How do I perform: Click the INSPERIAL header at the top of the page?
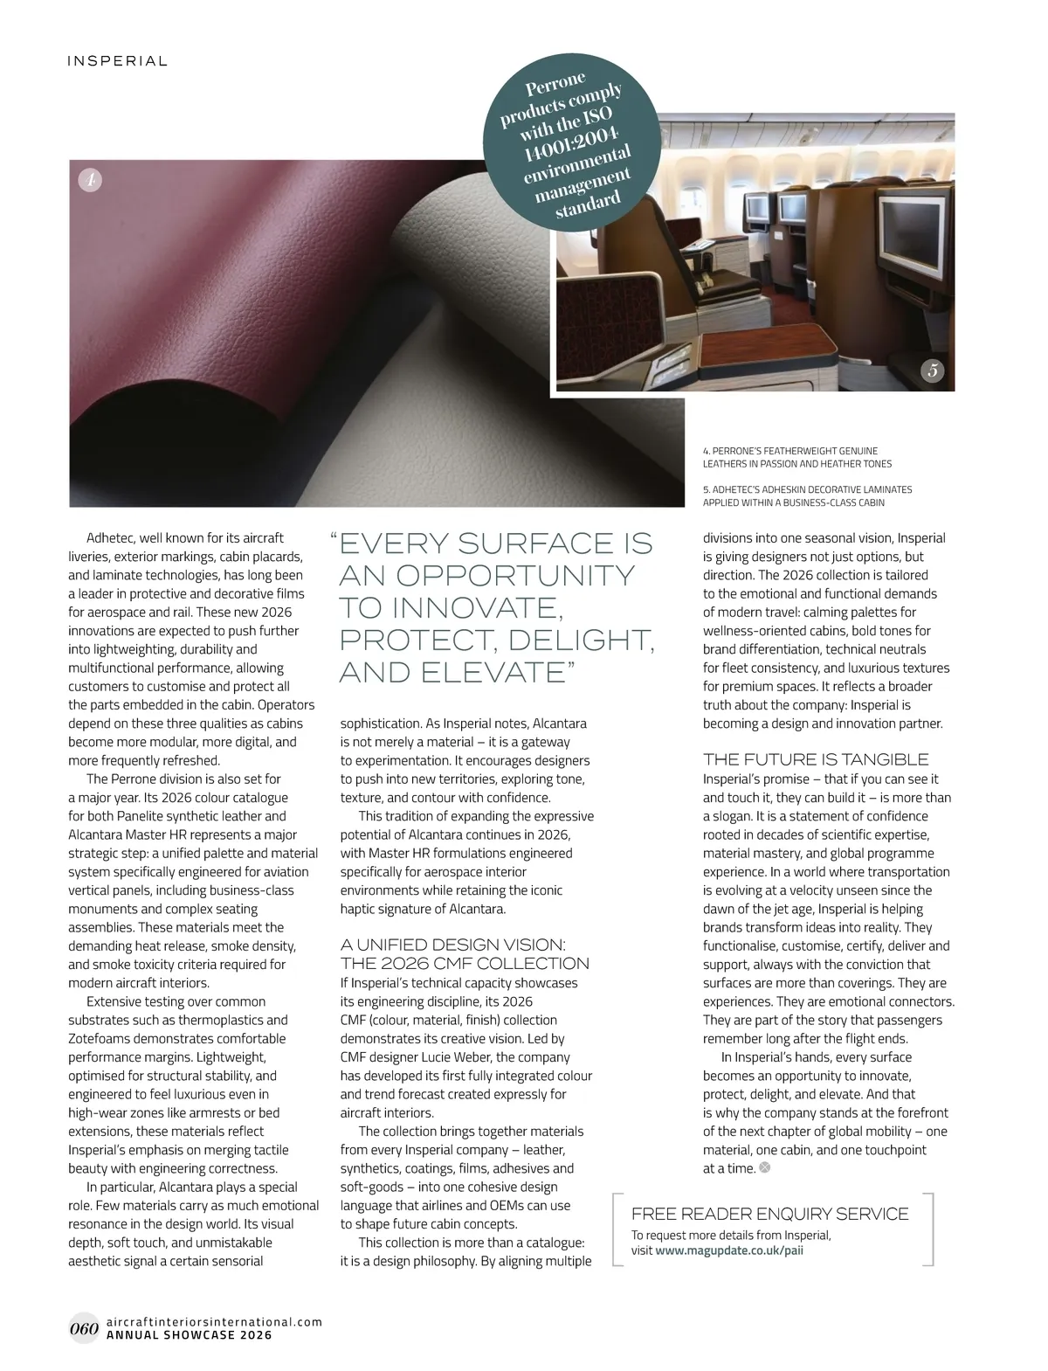[x=117, y=61]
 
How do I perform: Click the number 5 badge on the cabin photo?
[x=933, y=370]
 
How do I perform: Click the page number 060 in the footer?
[x=83, y=1329]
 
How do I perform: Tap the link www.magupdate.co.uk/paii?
[x=729, y=1250]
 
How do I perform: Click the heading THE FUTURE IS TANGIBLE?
[x=816, y=759]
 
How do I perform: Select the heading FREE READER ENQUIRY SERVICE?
[x=769, y=1214]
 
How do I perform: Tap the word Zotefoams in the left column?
[x=102, y=1039]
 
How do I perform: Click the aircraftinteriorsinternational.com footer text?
[x=213, y=1322]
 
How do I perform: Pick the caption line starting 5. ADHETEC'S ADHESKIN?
[x=807, y=489]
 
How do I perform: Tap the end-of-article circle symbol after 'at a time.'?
[x=765, y=1168]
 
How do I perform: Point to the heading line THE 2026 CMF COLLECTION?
[x=465, y=964]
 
